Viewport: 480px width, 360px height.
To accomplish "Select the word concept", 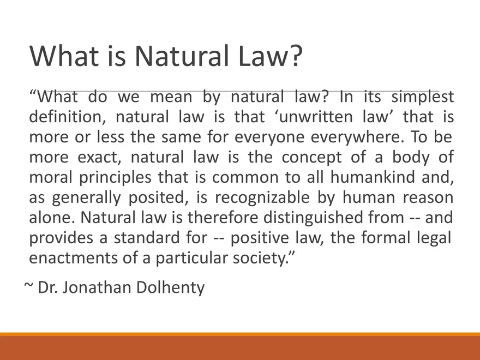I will point(313,158).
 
